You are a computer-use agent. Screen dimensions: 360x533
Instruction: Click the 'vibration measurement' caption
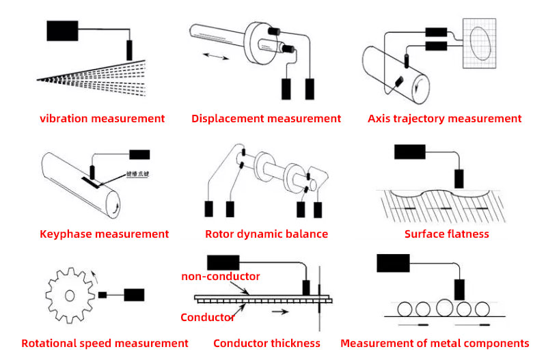102,119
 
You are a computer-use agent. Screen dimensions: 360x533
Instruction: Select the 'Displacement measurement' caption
266,119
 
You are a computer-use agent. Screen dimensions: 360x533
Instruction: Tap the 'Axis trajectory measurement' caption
444,119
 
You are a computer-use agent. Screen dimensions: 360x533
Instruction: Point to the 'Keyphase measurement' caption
103,234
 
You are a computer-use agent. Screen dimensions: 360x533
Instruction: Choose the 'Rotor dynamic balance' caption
266,234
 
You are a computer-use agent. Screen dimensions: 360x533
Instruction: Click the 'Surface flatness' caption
447,234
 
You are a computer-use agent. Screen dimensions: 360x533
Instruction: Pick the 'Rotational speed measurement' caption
105,344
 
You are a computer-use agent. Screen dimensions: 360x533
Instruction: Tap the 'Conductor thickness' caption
266,344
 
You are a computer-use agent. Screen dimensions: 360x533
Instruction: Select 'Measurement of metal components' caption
435,344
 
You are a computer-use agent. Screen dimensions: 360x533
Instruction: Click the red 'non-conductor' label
220,277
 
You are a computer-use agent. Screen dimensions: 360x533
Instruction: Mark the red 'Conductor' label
208,318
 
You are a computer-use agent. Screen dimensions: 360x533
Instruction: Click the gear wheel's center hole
69,295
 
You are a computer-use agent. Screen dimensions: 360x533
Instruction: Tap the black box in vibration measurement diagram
62,30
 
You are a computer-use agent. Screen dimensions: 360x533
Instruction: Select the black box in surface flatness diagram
410,152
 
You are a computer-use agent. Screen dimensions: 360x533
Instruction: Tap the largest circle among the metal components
444,307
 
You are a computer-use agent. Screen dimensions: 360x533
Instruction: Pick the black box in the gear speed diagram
133,295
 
